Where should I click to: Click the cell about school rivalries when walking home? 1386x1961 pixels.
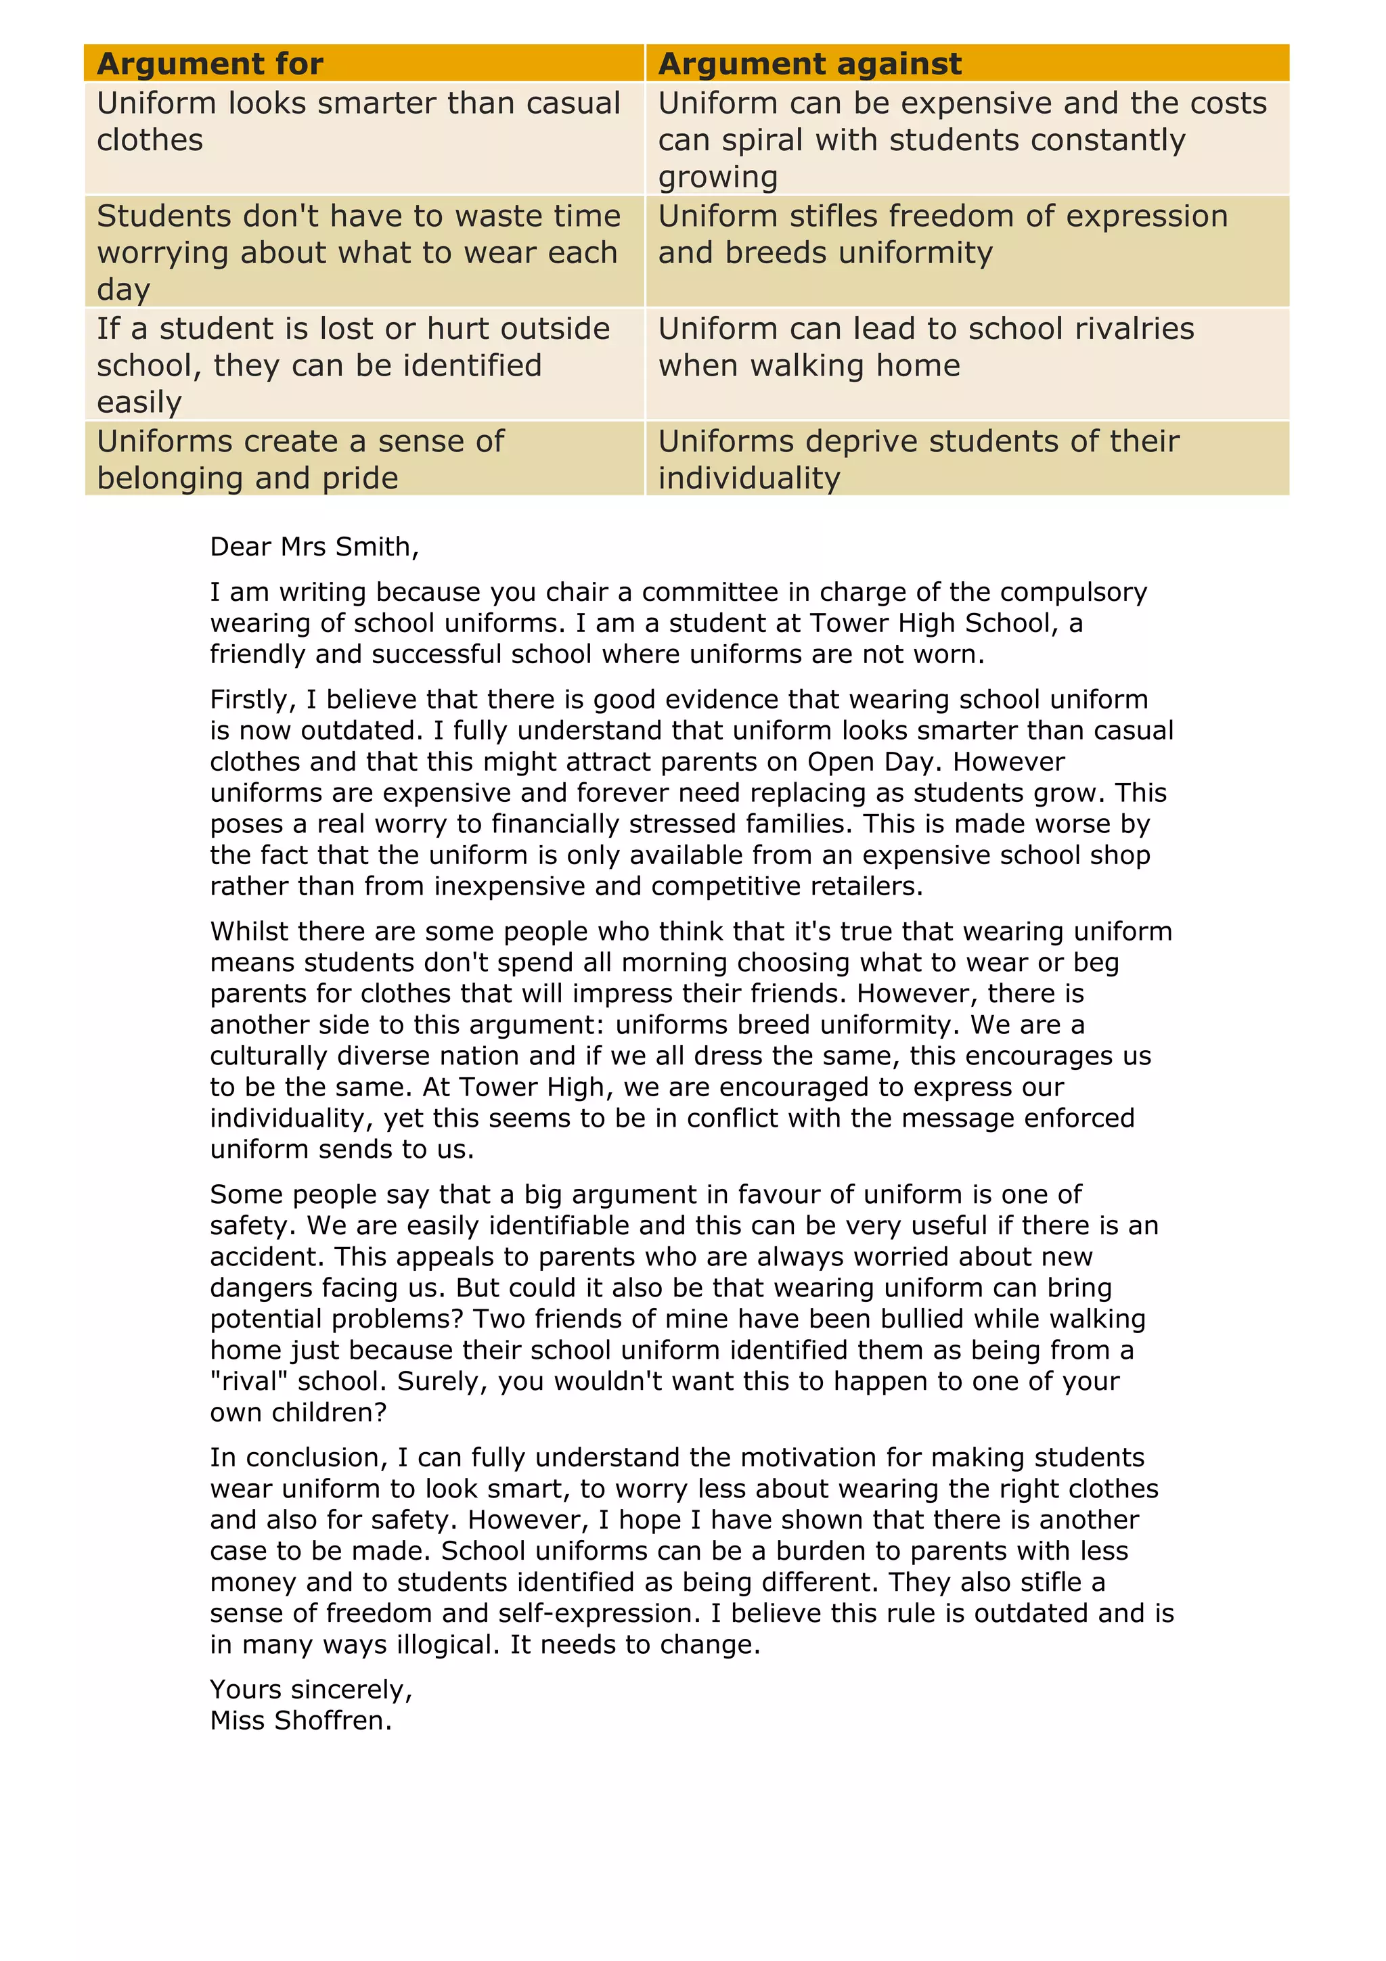[926, 346]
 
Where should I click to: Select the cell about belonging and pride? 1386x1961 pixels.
[300, 459]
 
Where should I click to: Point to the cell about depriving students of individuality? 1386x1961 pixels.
[918, 459]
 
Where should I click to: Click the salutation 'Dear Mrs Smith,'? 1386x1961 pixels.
[314, 547]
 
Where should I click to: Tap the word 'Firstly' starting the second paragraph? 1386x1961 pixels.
[252, 700]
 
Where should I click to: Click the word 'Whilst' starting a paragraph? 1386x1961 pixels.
[248, 931]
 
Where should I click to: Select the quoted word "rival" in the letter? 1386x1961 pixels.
[248, 1381]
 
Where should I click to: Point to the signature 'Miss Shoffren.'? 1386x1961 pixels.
[300, 1720]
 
